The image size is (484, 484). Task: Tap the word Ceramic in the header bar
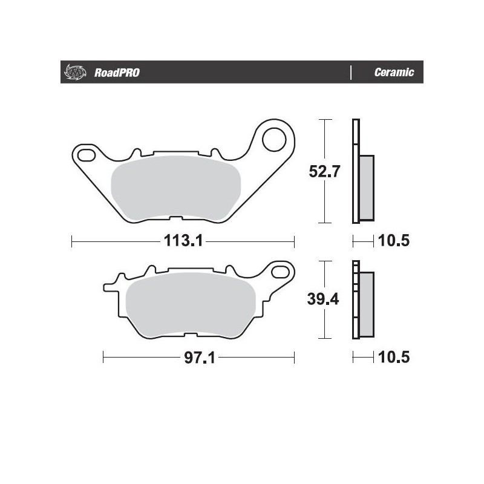coord(394,73)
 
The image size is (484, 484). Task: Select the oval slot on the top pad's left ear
coord(87,155)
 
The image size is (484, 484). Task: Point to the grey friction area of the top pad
coord(177,188)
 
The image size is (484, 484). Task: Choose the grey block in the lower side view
coord(367,303)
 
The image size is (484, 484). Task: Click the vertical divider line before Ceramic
coord(351,73)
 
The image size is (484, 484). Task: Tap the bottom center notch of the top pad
coord(177,219)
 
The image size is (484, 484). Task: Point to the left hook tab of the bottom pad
coord(110,284)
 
